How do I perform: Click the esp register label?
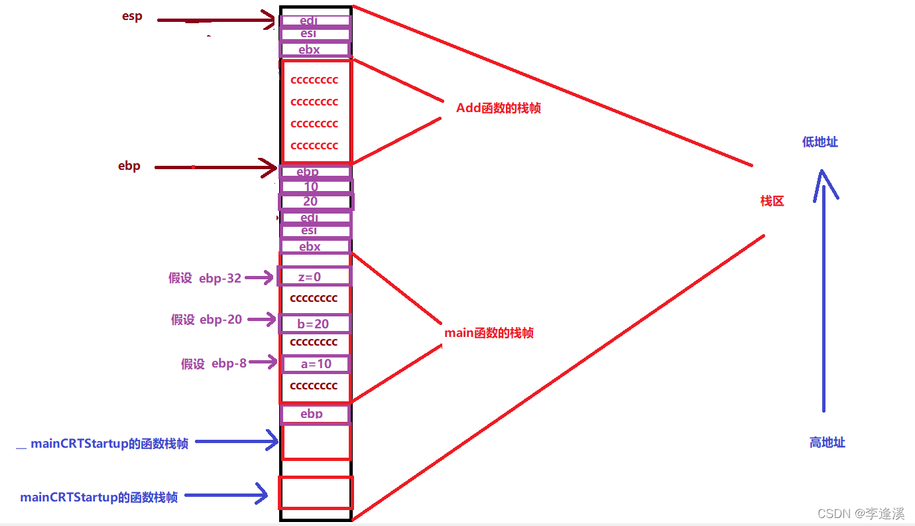click(132, 17)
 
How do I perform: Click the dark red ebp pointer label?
click(129, 166)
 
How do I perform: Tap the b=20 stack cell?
click(314, 324)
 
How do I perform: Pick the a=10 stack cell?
click(316, 364)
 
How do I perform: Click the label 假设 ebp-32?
click(205, 278)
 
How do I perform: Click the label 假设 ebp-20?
click(207, 320)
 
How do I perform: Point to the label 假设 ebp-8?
click(213, 363)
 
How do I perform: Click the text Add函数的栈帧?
click(499, 108)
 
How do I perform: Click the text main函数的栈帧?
click(489, 333)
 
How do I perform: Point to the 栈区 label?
click(772, 201)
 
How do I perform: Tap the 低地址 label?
click(820, 142)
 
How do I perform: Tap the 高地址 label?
click(827, 442)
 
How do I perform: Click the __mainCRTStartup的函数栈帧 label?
click(102, 444)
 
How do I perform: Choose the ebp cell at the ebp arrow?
click(315, 172)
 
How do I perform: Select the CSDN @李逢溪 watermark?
click(861, 513)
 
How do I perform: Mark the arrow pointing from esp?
click(215, 21)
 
